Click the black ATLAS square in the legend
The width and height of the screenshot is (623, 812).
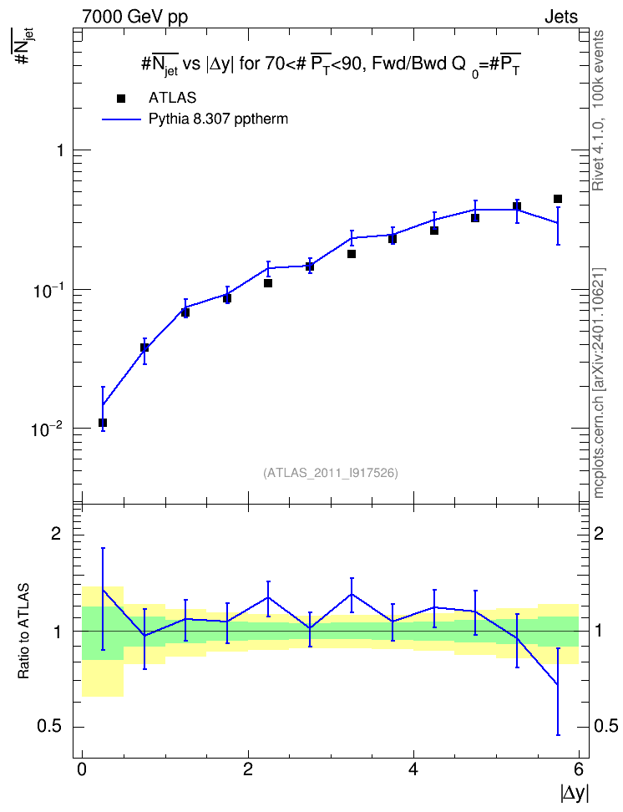coord(121,99)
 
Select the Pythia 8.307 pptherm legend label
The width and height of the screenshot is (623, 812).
coord(218,119)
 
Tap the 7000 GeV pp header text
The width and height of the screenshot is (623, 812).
coord(134,17)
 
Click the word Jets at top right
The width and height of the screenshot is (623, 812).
coord(561,17)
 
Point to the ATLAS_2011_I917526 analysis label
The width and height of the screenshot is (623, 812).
coord(331,473)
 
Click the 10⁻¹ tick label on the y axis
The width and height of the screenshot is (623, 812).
coord(46,292)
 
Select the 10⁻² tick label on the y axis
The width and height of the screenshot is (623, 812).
coord(46,430)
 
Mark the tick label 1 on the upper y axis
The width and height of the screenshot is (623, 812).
coord(60,150)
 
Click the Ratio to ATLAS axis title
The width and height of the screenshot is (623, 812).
coord(23,632)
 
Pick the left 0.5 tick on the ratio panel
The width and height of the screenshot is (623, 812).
coord(50,727)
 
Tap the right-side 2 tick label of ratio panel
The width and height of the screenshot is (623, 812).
coord(599,533)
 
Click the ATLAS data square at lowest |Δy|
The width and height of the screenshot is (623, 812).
coord(103,423)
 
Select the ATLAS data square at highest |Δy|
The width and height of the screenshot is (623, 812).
coord(558,199)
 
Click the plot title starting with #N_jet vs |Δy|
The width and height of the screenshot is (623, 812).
coord(331,66)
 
